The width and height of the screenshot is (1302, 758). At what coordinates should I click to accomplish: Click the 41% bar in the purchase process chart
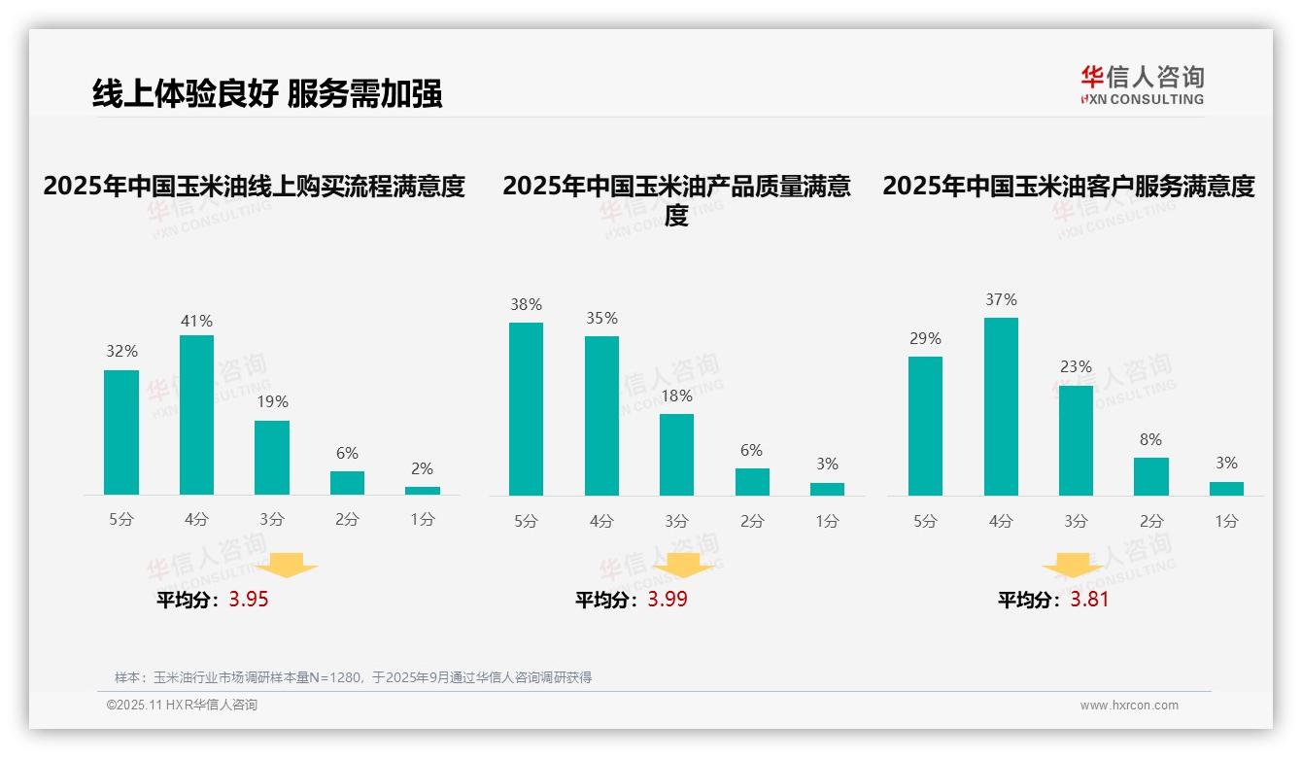196,415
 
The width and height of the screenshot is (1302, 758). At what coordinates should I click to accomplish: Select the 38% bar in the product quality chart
526,409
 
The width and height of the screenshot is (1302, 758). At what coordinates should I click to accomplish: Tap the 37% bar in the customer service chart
1001,406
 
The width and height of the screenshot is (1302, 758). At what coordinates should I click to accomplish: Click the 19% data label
272,401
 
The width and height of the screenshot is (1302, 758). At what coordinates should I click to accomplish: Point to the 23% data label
1076,366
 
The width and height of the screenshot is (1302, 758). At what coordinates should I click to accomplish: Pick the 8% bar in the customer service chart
1150,476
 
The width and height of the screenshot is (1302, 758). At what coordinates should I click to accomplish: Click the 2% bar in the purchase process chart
422,491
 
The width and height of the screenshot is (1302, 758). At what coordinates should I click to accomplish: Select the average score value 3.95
249,599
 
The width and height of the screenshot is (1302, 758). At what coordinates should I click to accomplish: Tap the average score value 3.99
668,599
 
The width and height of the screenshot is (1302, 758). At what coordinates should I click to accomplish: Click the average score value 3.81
1089,599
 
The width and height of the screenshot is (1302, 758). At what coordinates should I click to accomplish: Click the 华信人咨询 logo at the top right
1142,85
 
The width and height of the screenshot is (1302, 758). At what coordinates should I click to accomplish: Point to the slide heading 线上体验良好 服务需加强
267,93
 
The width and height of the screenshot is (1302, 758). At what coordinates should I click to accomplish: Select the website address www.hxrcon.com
1128,706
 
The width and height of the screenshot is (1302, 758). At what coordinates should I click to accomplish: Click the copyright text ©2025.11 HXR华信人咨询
182,706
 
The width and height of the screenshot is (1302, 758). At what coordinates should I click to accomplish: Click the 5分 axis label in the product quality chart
526,522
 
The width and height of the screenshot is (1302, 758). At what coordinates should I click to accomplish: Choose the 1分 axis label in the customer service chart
1226,522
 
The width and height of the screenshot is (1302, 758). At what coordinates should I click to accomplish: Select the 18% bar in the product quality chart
676,455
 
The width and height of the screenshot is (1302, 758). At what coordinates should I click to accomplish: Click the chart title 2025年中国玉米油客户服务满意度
1068,186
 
